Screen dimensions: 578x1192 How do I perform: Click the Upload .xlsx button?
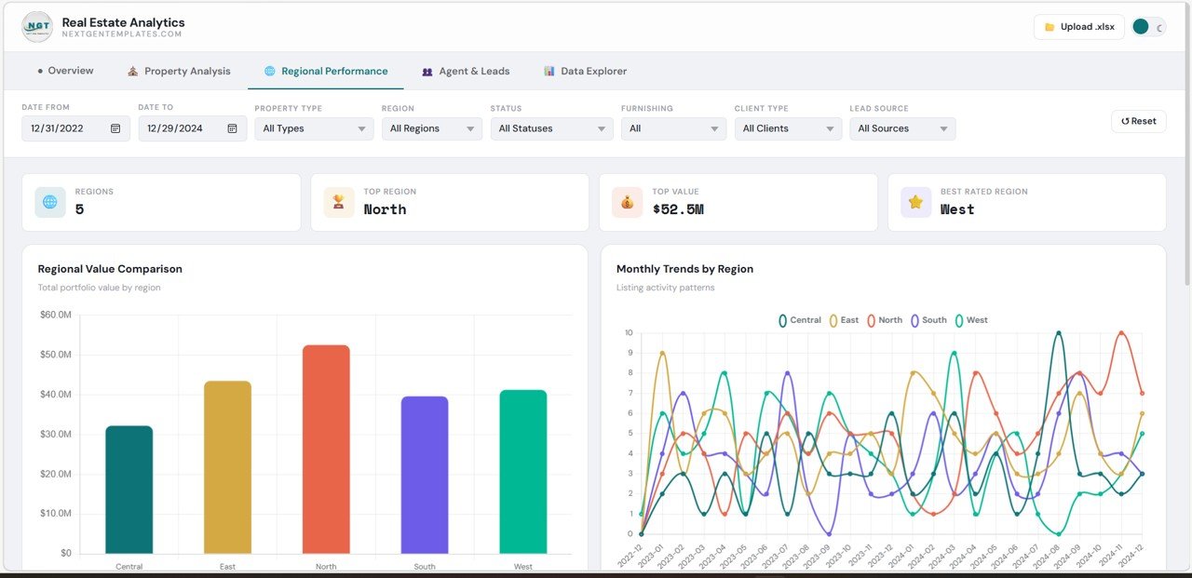point(1078,27)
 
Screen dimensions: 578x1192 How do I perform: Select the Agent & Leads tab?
point(466,71)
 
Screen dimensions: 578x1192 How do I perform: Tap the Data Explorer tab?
point(585,71)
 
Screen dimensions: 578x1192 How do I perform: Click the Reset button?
point(1138,121)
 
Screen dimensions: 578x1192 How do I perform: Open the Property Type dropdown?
point(314,128)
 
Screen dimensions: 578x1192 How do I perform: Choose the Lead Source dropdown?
point(901,128)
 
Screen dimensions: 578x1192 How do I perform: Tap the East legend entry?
point(844,320)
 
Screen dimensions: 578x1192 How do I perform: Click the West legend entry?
point(970,320)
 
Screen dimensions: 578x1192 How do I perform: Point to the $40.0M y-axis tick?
point(56,395)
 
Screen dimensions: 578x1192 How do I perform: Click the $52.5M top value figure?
point(678,209)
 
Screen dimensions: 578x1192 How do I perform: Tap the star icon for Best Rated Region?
point(915,202)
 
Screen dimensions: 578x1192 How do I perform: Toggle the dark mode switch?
point(1148,27)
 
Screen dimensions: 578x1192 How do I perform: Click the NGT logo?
point(37,27)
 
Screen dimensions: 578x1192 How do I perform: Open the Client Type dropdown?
point(787,128)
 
